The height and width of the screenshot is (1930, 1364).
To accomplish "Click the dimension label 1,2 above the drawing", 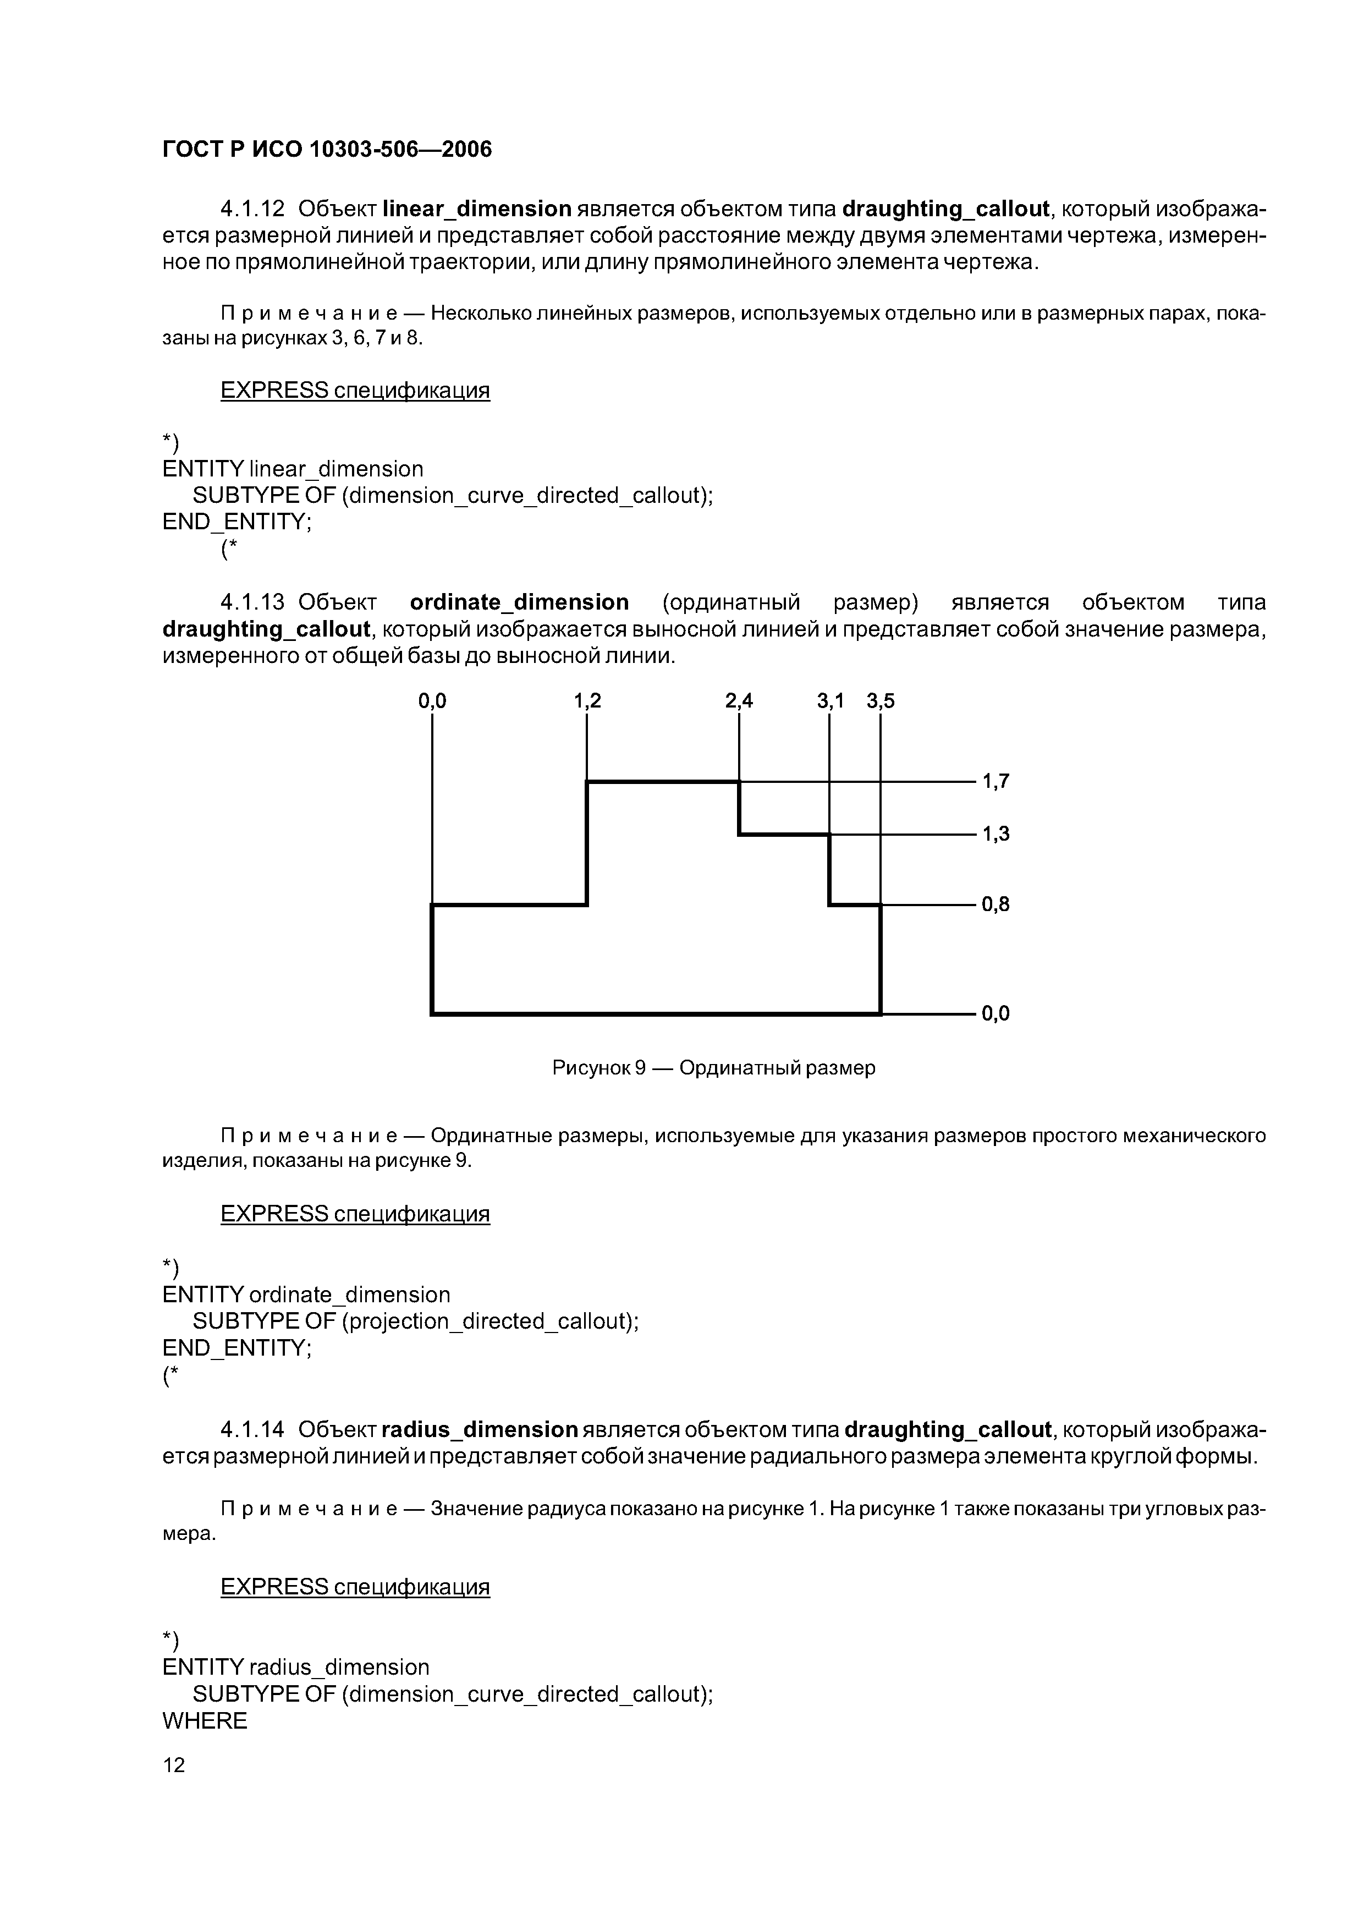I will click(587, 700).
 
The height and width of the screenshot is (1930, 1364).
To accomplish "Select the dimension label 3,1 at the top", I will click(831, 700).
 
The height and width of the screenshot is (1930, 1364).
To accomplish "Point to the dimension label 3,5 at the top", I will click(880, 700).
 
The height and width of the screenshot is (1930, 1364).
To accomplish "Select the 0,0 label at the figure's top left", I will click(432, 700).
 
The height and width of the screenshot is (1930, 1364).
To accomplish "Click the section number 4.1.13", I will click(253, 602).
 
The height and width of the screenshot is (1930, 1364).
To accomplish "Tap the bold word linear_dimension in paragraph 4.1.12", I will click(476, 209).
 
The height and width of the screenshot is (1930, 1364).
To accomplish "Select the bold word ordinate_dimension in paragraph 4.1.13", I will click(519, 602).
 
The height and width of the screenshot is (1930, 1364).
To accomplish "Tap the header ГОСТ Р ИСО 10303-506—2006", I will click(326, 149).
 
